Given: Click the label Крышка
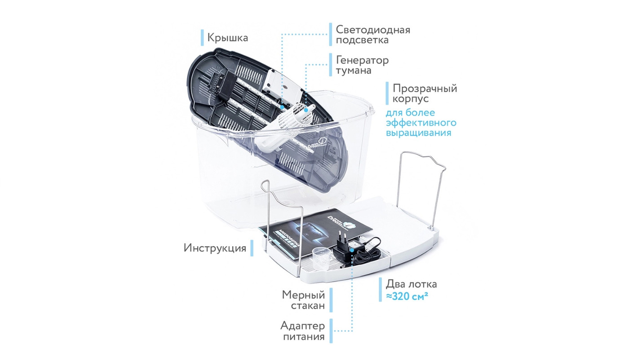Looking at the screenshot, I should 227,37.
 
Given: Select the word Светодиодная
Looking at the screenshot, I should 373,30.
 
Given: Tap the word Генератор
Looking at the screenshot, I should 362,60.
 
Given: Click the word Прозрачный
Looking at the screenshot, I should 425,89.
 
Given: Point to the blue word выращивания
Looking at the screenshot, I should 419,133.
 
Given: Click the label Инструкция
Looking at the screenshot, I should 215,248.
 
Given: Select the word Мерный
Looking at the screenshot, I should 303,295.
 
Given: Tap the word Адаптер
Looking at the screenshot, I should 302,325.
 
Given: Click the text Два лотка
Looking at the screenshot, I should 411,284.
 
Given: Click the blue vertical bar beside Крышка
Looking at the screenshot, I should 202,37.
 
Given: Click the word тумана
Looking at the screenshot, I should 354,71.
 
